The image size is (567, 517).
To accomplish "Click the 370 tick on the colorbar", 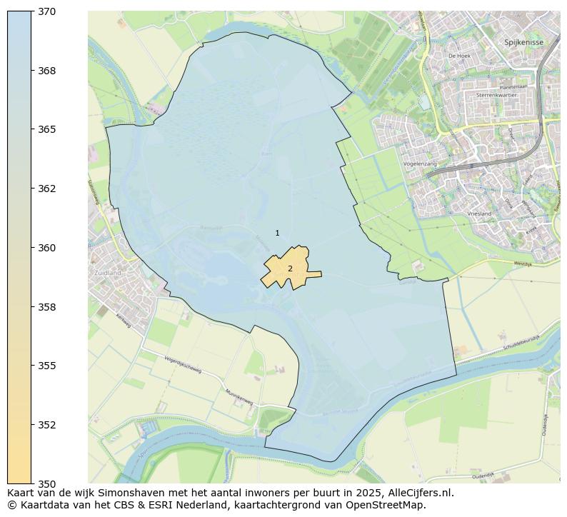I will pos(47,12).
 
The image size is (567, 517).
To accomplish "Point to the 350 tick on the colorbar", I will pos(47,483).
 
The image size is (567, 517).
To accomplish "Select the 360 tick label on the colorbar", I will pos(47,248).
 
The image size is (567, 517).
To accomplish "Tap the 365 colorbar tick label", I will pos(47,130).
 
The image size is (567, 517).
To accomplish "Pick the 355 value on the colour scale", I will pos(47,366).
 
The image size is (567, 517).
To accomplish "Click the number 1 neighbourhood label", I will pos(277,234).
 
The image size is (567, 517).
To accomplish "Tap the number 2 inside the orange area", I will pos(290,268).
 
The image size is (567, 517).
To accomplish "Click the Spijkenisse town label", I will pos(523,42).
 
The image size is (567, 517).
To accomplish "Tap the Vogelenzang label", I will pos(420,164).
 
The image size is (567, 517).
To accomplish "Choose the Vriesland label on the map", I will pos(479,214).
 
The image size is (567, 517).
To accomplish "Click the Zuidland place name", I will pos(108,273).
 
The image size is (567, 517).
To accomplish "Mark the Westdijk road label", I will pos(524,263).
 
